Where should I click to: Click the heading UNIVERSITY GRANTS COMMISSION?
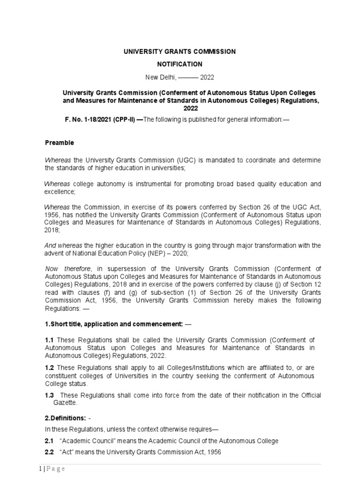(180, 52)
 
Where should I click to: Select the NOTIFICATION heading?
(180, 64)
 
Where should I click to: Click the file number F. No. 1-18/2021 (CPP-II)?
(100, 120)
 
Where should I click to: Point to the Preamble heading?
(59, 142)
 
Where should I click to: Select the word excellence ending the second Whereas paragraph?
(60, 192)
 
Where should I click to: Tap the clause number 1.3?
(50, 395)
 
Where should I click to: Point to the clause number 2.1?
(50, 441)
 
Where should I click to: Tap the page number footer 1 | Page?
(51, 469)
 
